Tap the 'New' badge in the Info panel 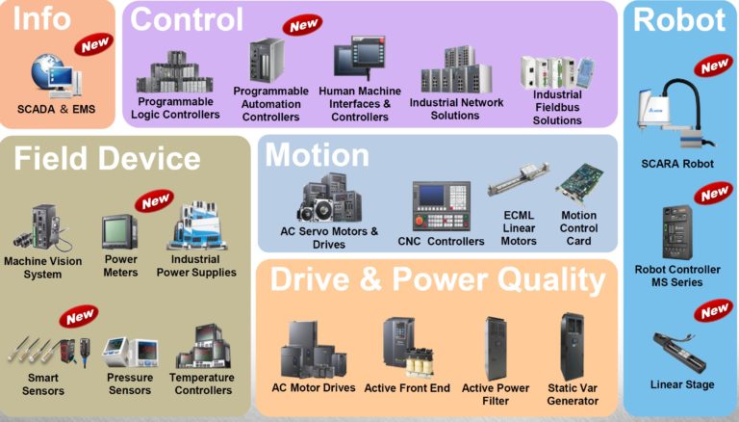pos(95,43)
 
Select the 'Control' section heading pos(187,18)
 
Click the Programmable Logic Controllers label pos(178,108)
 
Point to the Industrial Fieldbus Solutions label pos(557,108)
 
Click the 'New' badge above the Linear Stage pos(714,311)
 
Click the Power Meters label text pos(120,265)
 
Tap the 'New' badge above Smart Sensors pos(80,315)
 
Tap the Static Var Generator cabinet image pos(573,345)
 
